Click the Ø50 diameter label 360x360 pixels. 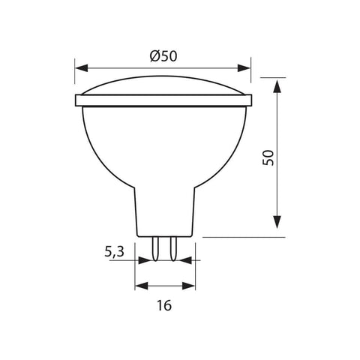coord(163,55)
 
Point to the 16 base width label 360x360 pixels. coord(165,305)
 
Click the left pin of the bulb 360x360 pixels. coord(157,247)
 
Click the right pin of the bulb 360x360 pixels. coord(172,247)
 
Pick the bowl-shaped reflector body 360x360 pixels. coord(163,142)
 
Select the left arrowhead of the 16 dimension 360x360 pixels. coord(140,286)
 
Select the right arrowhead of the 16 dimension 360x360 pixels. coord(187,286)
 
